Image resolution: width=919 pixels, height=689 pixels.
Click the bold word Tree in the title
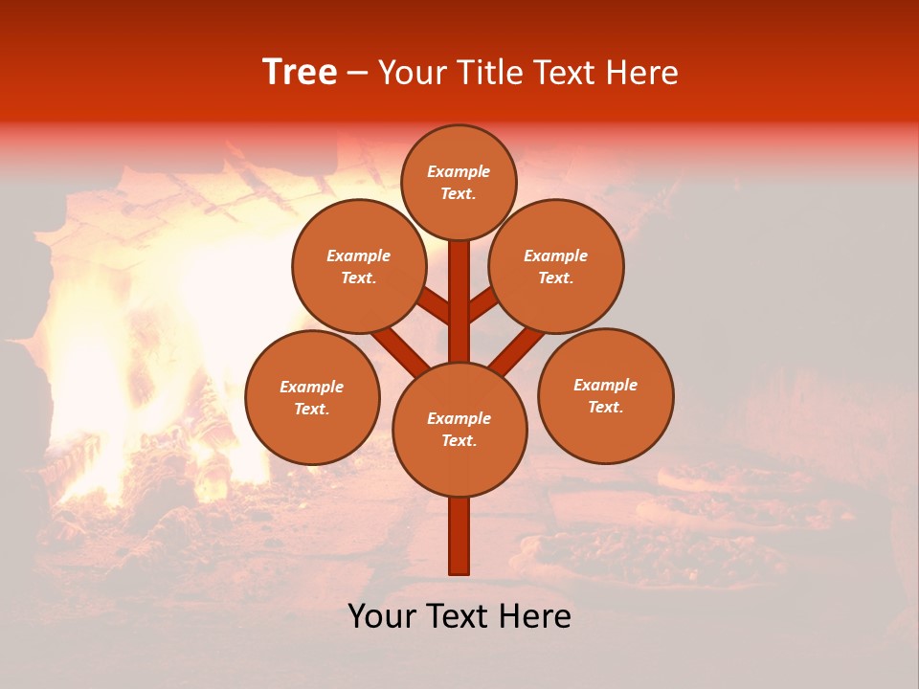pyautogui.click(x=300, y=73)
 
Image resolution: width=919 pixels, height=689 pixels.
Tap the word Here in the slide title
pyautogui.click(x=642, y=73)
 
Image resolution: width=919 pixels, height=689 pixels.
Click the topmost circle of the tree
pyautogui.click(x=459, y=182)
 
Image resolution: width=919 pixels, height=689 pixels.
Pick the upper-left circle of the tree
pyautogui.click(x=359, y=266)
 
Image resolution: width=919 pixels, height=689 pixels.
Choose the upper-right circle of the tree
pyautogui.click(x=556, y=266)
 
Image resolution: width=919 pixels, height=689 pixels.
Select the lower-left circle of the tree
pyautogui.click(x=312, y=397)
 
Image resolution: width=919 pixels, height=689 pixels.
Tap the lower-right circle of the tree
pyautogui.click(x=606, y=395)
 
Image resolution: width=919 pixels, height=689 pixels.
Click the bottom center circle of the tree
pyautogui.click(x=459, y=430)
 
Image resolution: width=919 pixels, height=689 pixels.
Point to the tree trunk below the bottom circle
pyautogui.click(x=459, y=536)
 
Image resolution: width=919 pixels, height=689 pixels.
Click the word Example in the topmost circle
pyautogui.click(x=459, y=172)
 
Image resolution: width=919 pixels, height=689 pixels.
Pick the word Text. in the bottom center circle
pyautogui.click(x=459, y=441)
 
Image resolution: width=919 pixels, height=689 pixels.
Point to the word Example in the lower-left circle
pyautogui.click(x=311, y=387)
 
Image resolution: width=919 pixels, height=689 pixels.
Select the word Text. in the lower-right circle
pyautogui.click(x=605, y=407)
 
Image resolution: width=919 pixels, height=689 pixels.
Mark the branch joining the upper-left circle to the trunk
pyautogui.click(x=434, y=306)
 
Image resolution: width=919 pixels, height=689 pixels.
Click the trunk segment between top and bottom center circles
pyautogui.click(x=459, y=301)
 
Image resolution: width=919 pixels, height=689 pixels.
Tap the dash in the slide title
pyautogui.click(x=358, y=73)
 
